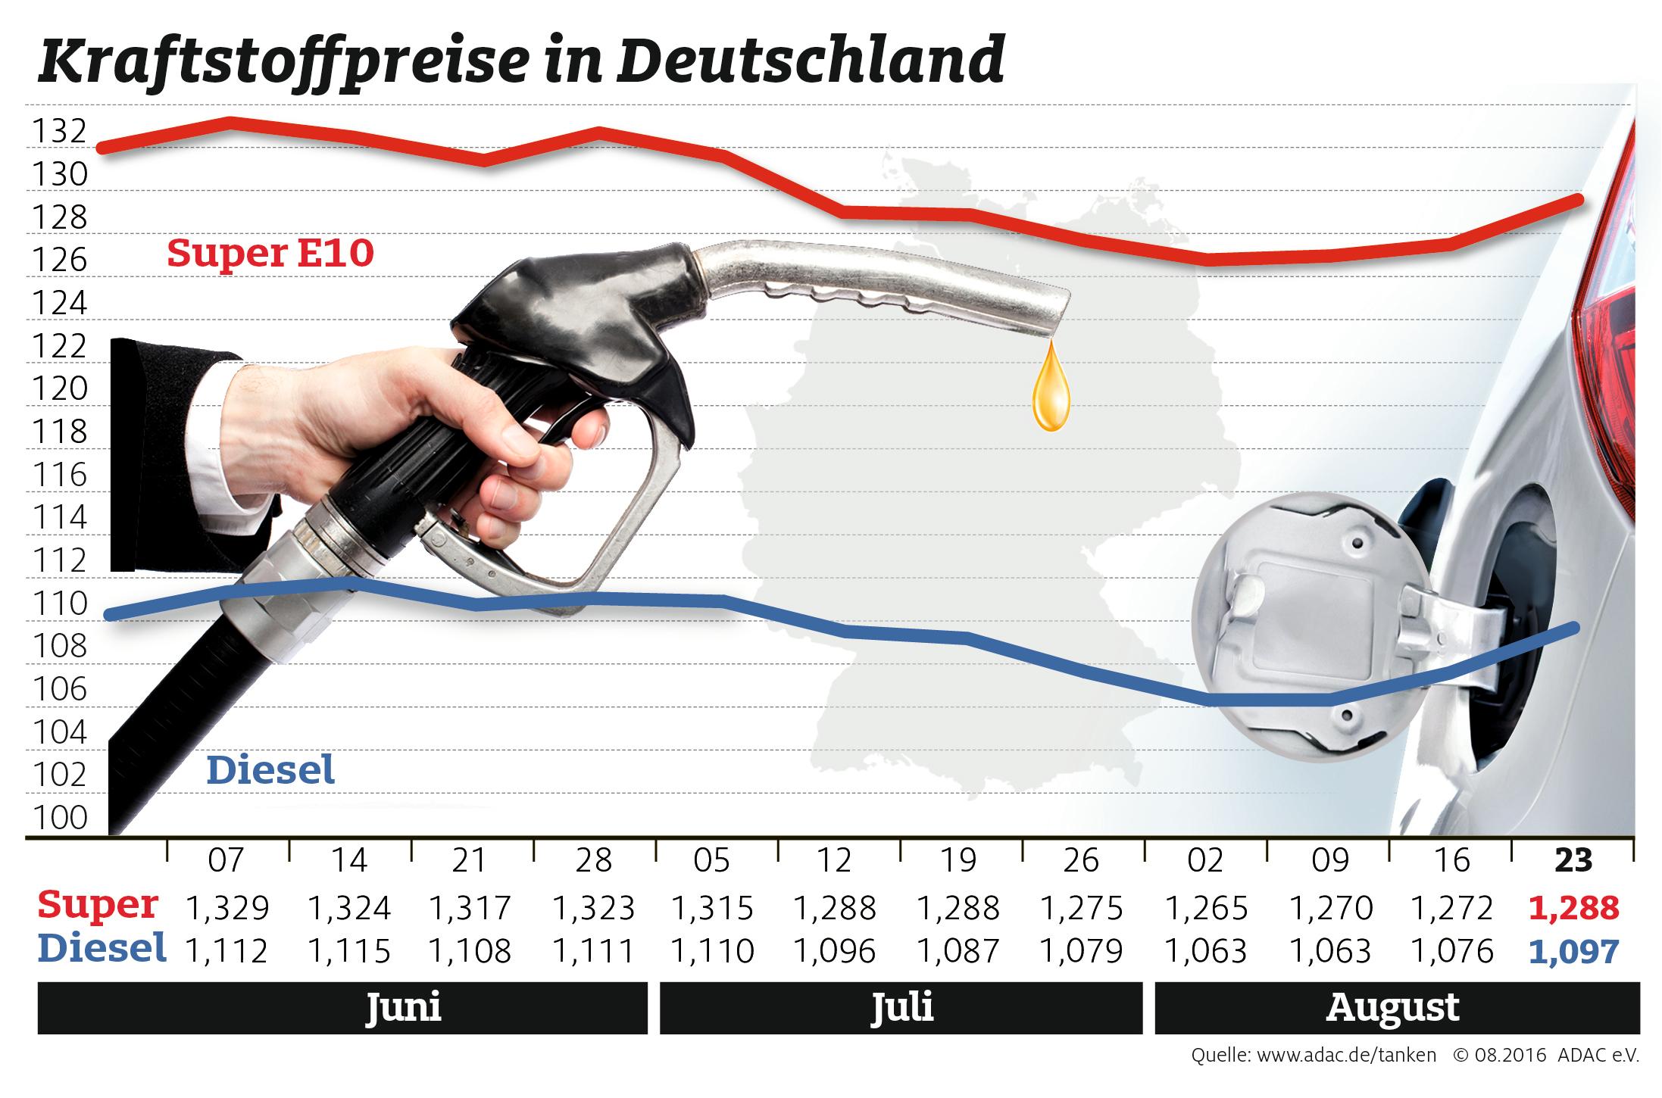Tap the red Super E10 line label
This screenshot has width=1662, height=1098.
270,253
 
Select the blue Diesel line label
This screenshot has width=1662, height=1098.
270,771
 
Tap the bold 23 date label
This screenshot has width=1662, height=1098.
1573,861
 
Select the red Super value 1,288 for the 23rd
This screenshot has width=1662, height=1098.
1574,907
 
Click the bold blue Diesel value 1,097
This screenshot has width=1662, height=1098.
1574,950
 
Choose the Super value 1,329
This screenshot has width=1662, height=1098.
226,907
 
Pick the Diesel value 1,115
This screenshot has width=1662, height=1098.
349,950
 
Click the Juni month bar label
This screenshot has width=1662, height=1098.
403,1008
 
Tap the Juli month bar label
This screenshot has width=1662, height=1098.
901,1008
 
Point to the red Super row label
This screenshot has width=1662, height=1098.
98,905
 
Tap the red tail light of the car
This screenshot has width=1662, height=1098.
1614,326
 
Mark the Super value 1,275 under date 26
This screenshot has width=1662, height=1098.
1081,907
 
